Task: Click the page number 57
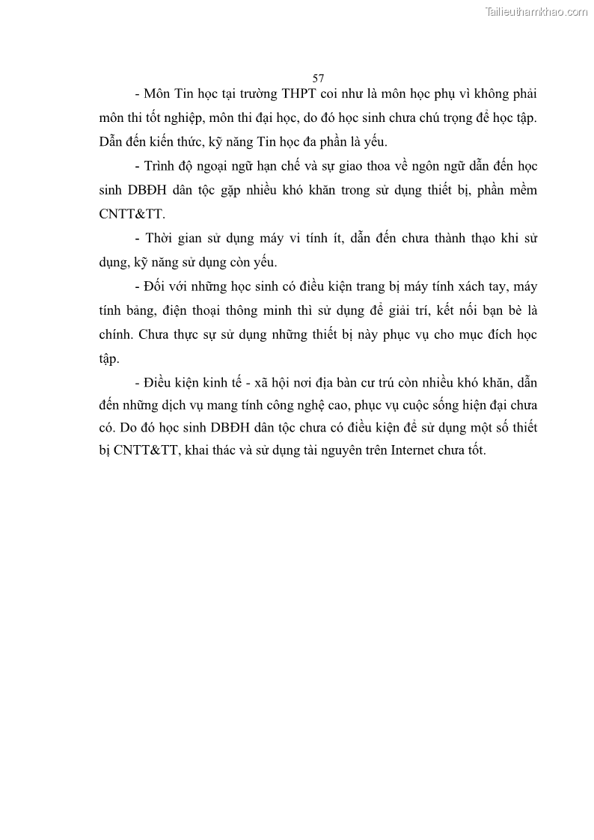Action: [x=318, y=78]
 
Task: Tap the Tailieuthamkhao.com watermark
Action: [x=536, y=12]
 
